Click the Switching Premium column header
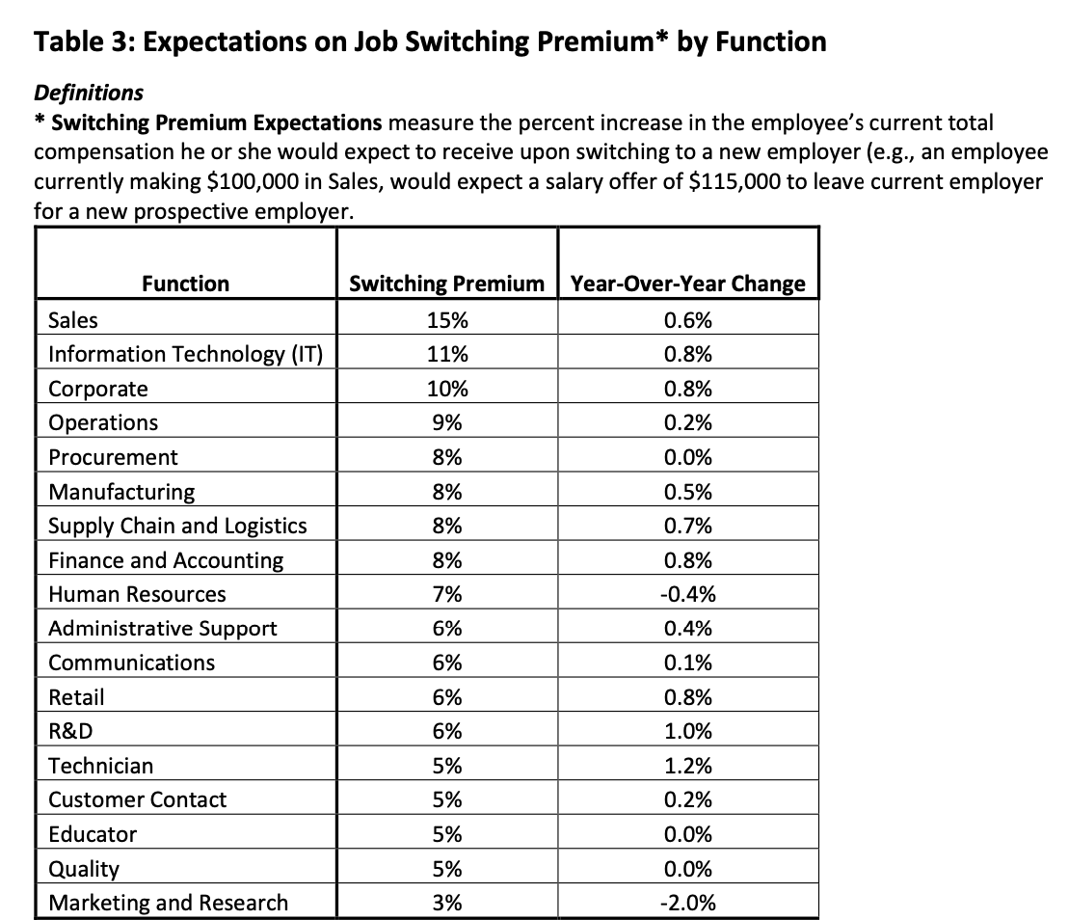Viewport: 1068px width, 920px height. pos(446,284)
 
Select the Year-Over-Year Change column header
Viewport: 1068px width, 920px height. pos(688,284)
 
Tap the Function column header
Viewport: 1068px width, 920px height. pos(186,284)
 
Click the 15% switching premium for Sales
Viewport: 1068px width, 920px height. pos(447,320)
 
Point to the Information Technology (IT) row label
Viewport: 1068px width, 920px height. pos(185,354)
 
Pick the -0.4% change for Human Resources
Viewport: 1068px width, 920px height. pos(688,594)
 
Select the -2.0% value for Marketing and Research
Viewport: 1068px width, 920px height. pos(688,903)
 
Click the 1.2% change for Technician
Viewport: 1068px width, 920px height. pos(688,766)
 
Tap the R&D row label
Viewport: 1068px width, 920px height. pos(70,731)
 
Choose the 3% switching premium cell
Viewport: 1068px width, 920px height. pos(447,903)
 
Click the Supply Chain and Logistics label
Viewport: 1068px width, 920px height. pos(177,526)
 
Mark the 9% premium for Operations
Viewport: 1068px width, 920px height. pos(447,422)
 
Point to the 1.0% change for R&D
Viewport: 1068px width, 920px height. pos(688,731)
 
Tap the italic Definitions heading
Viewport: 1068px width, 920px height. pos(89,93)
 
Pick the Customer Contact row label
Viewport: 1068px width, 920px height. pos(137,799)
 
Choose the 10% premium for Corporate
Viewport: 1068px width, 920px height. pos(447,389)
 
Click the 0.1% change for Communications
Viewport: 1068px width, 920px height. pos(688,663)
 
